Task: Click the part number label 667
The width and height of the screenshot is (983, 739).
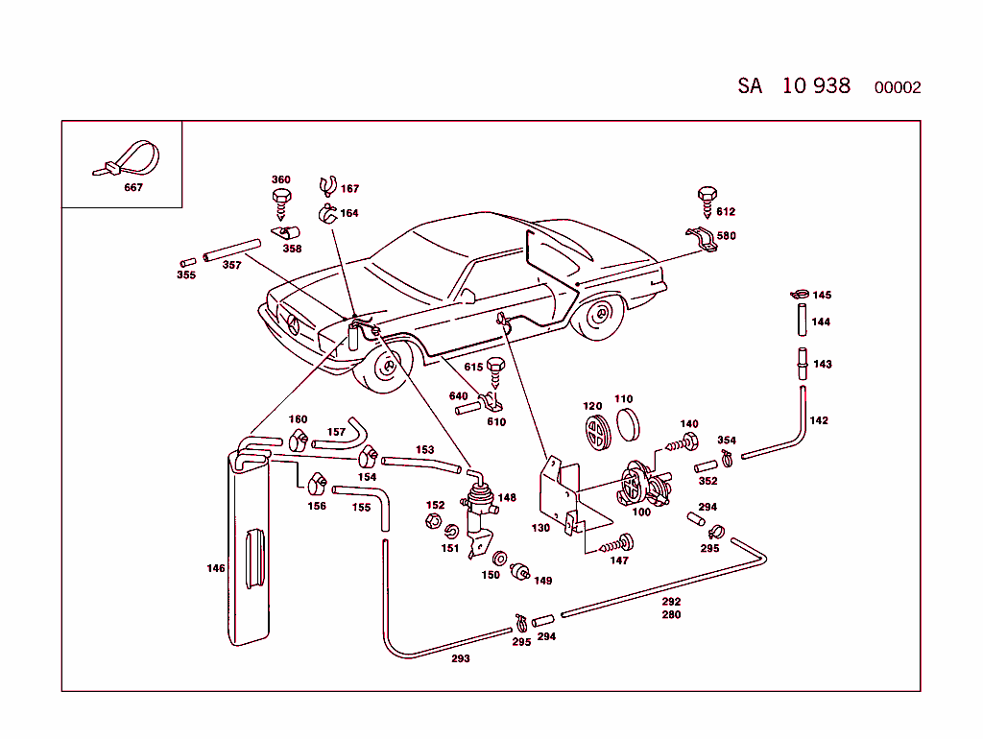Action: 133,188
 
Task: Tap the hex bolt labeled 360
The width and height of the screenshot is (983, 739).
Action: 282,202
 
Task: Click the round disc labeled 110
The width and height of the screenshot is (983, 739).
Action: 628,422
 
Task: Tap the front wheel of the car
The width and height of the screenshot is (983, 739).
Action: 389,368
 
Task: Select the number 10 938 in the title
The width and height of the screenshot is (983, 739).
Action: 816,85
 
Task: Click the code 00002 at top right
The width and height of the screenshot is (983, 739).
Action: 898,88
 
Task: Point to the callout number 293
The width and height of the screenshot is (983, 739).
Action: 461,659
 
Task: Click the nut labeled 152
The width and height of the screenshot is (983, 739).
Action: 431,523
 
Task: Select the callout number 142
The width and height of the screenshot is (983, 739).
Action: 818,420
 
